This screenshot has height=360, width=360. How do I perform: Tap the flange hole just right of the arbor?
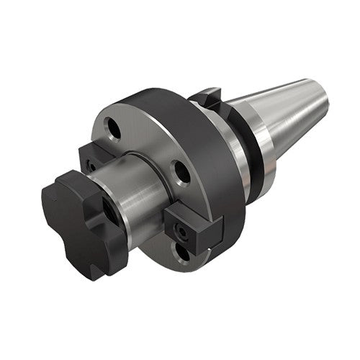(181, 174)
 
